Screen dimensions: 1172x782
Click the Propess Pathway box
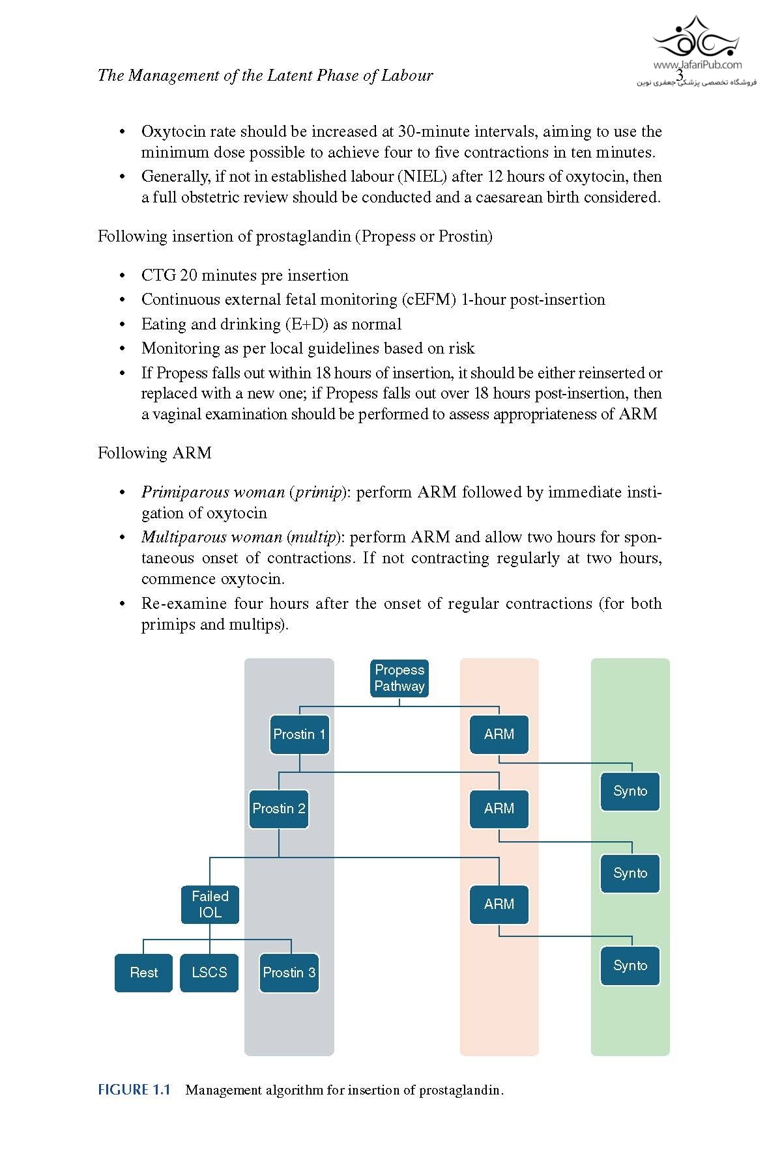point(399,678)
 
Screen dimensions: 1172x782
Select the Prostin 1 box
point(299,734)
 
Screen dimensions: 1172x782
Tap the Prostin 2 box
point(278,809)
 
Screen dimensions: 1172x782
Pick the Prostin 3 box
point(289,973)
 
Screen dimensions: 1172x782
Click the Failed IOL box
point(210,904)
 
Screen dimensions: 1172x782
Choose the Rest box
point(143,973)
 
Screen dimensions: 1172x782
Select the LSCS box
point(209,973)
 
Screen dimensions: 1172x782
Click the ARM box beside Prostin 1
point(499,734)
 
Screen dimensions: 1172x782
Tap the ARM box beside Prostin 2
point(499,809)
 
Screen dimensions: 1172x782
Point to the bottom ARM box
point(499,904)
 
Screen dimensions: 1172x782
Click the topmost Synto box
point(630,791)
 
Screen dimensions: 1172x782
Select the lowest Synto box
point(630,966)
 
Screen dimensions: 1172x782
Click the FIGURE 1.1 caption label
point(134,1090)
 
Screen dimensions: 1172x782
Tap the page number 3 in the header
point(679,76)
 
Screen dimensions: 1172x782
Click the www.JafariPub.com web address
point(697,64)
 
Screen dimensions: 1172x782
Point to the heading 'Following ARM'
point(154,453)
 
